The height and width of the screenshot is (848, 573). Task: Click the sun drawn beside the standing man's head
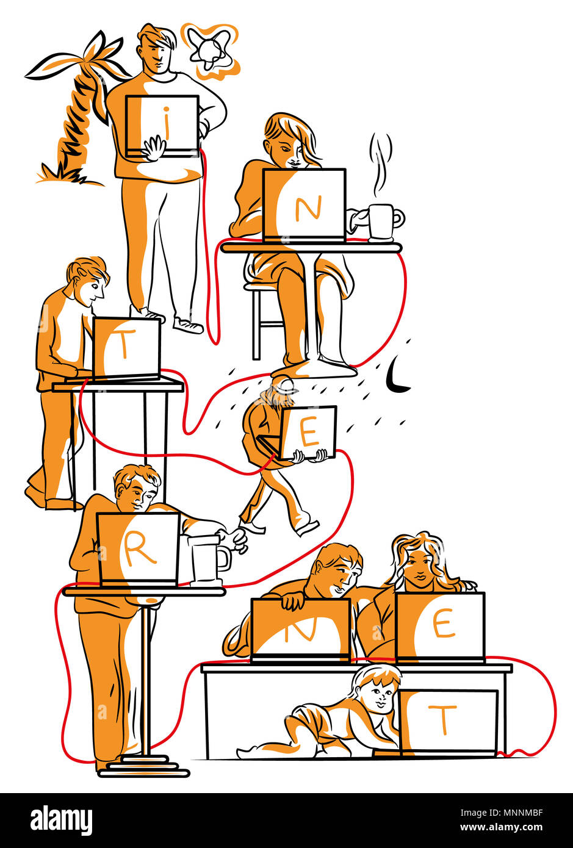pyautogui.click(x=209, y=51)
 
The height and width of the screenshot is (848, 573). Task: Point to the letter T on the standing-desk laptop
pyautogui.click(x=124, y=345)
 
